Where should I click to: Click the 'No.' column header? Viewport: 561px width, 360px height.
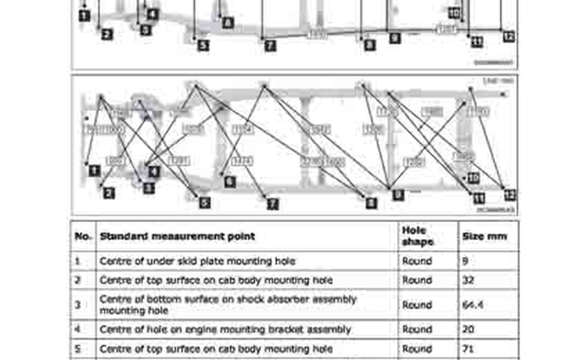[x=82, y=236]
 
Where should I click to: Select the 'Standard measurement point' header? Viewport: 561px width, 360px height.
[x=177, y=236]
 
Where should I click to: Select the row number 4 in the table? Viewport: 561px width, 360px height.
[x=78, y=329]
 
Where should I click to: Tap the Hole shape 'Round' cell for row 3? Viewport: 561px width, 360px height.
[x=417, y=304]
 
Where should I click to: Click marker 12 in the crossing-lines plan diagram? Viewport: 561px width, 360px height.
[x=510, y=195]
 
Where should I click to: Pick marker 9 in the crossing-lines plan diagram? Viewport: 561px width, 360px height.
[x=398, y=195]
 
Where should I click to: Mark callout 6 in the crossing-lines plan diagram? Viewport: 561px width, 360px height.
[x=229, y=181]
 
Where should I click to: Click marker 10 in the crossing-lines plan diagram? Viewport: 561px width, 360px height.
[x=473, y=178]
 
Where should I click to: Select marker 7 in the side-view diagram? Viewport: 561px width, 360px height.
[x=270, y=45]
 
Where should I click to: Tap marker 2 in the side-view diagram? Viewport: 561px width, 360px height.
[x=107, y=35]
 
